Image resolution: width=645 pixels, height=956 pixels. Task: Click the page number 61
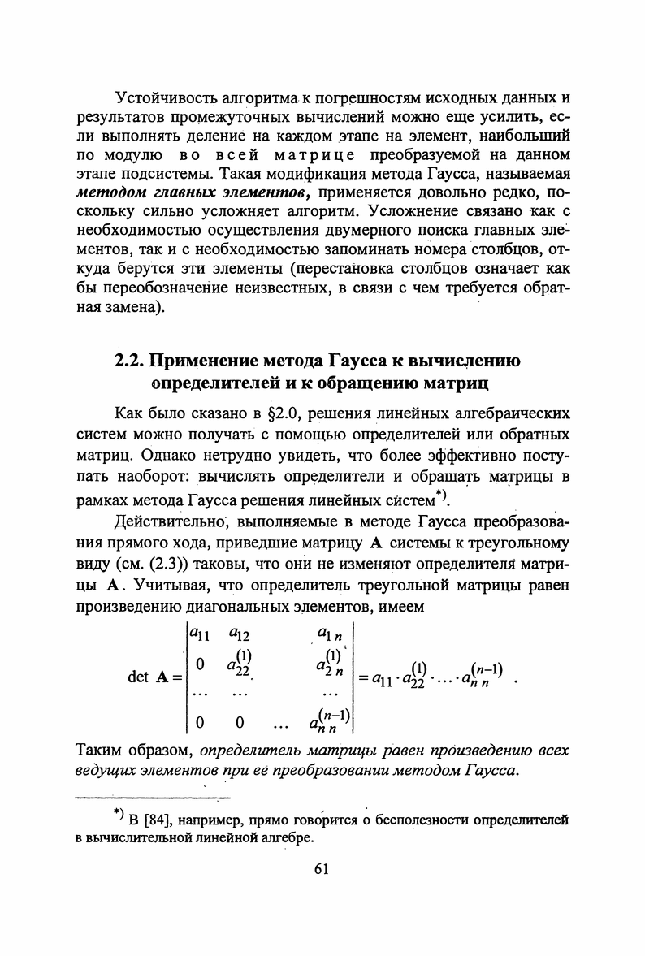click(x=321, y=869)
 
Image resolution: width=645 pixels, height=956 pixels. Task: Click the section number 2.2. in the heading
click(x=130, y=361)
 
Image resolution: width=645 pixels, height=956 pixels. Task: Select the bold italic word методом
click(x=110, y=193)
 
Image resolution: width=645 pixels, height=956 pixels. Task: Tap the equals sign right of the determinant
click(x=365, y=676)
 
